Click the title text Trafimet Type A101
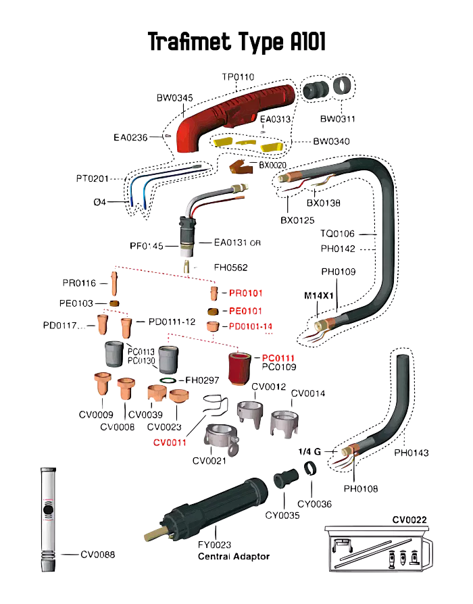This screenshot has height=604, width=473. coord(236,43)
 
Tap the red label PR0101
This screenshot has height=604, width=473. coord(245,293)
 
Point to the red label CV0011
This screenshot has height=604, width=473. coord(170,443)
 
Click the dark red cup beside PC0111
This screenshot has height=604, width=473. coord(238,368)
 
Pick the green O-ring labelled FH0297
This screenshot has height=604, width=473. coord(170,382)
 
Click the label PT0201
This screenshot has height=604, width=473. coord(93,179)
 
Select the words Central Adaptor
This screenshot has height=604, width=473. coord(233,557)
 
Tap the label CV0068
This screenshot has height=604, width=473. coord(98,555)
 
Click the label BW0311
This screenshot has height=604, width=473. coord(338,119)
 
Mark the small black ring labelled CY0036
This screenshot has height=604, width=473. coord(310,468)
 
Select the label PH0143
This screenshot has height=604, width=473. coord(411,453)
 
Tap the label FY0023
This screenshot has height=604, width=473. coord(214,544)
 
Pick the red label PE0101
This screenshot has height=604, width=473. coord(245,311)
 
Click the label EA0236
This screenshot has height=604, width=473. coord(131,137)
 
